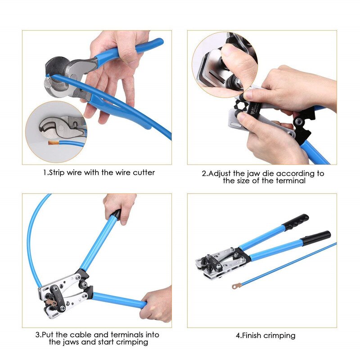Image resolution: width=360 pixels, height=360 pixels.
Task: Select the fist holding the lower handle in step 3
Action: tap(157, 304)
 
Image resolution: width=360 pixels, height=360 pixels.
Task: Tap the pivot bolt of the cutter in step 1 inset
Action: tap(66, 121)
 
